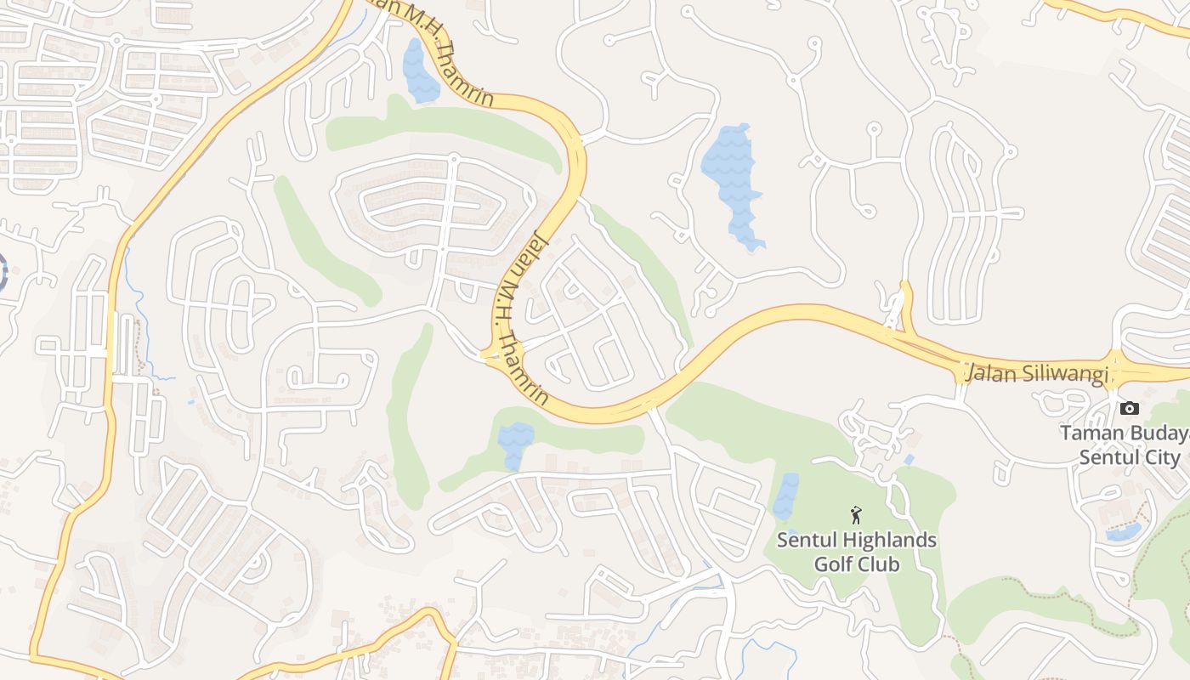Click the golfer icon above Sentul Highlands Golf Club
click(856, 514)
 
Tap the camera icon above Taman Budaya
click(1129, 409)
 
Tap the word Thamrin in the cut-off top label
click(465, 78)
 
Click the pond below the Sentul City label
click(1124, 532)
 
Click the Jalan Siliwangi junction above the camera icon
click(1115, 371)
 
